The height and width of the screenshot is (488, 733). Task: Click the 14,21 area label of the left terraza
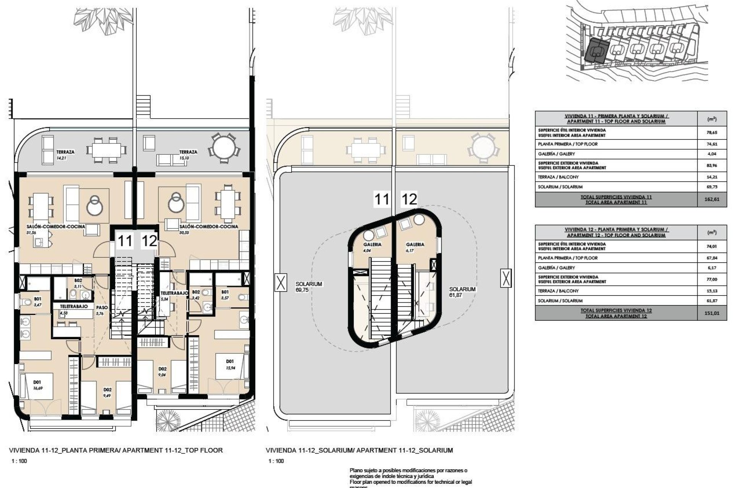coord(61,157)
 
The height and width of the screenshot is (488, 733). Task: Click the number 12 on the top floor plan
coord(149,241)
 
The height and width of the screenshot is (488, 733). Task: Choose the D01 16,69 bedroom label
coord(37,384)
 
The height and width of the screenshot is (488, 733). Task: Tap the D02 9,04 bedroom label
coord(163,371)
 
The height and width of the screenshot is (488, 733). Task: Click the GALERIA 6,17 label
coord(415,247)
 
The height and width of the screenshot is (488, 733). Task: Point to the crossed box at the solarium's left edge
coord(281,283)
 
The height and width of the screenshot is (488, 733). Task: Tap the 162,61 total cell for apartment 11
coord(712,199)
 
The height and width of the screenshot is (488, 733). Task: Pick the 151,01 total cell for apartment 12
coord(712,313)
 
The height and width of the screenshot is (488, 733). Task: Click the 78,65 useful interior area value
coord(712,133)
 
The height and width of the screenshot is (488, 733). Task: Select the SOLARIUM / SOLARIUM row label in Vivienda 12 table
coord(560,301)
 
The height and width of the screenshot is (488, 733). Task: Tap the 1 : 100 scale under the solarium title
coord(276,461)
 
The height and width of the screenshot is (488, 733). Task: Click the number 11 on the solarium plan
coord(381,199)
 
